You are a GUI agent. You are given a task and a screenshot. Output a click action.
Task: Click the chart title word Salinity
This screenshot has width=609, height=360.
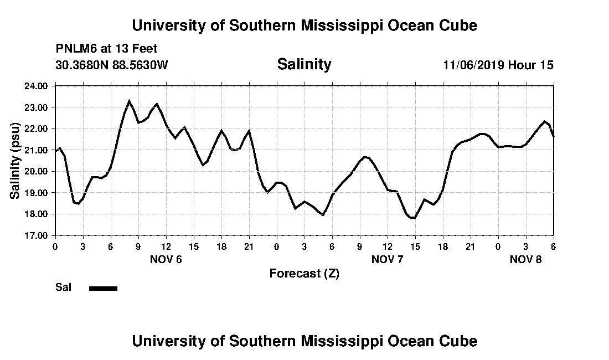point(304,64)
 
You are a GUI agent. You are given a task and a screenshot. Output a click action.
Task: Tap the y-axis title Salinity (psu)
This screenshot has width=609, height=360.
point(15,161)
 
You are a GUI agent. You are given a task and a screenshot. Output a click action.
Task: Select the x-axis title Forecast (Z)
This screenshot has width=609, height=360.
point(304,274)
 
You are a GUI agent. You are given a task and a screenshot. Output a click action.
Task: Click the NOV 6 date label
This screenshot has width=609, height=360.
point(166,260)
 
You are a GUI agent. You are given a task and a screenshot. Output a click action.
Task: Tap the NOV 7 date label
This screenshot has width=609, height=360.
point(388,260)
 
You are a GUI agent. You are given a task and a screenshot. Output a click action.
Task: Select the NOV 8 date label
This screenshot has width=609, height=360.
point(526,260)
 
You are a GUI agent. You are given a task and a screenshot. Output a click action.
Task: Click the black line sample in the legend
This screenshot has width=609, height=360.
point(103,288)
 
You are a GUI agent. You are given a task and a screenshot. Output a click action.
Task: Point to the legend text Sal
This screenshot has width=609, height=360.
point(63,287)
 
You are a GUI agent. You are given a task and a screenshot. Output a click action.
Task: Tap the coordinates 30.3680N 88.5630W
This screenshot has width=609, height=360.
point(112,65)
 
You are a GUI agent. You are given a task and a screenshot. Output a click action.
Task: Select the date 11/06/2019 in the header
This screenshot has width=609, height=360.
point(473,65)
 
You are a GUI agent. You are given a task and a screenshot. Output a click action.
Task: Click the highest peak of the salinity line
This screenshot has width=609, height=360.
point(129,101)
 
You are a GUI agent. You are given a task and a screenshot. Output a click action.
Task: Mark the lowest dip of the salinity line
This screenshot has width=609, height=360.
point(412,218)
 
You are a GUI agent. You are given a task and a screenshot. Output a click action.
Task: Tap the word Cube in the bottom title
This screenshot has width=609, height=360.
point(460,341)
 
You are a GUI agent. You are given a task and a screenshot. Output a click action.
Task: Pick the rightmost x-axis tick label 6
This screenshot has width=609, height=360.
point(553,246)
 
